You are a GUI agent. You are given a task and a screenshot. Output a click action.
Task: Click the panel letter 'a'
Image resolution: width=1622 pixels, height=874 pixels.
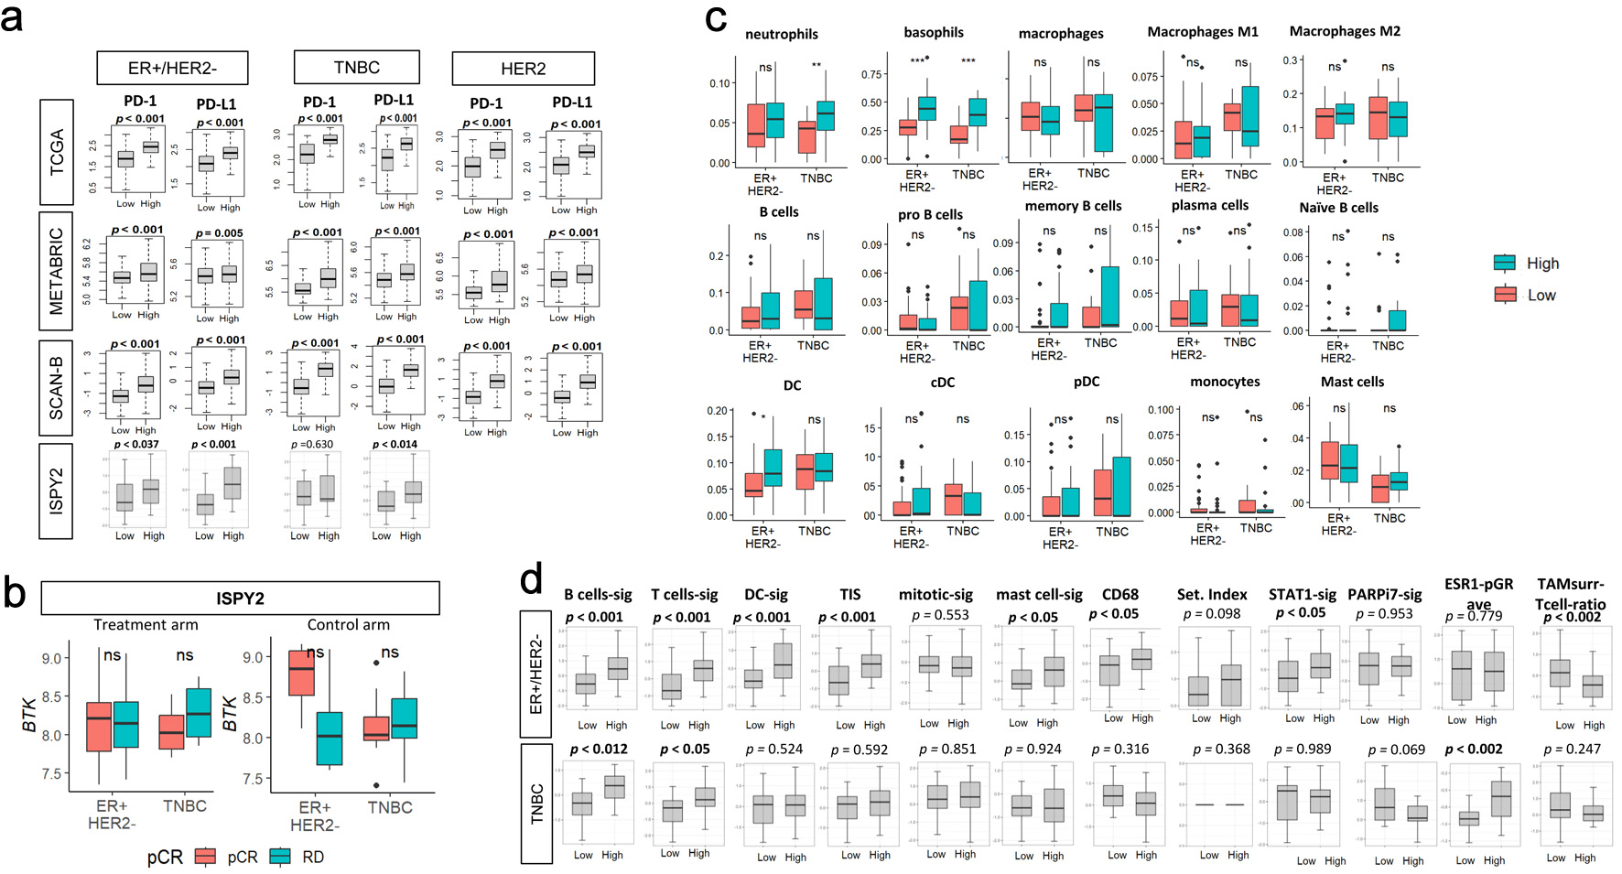pos(13,18)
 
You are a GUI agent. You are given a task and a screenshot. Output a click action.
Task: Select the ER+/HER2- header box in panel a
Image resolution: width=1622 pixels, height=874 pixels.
pos(172,68)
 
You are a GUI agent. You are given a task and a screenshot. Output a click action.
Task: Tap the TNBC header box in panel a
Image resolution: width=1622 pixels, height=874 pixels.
pos(356,68)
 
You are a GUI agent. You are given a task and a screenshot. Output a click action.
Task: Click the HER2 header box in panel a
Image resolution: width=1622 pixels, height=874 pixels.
pos(523,69)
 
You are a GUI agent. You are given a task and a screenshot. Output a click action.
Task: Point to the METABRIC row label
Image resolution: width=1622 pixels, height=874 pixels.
pos(57,271)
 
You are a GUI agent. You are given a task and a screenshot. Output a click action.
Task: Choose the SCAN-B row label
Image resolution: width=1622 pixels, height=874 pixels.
pos(57,387)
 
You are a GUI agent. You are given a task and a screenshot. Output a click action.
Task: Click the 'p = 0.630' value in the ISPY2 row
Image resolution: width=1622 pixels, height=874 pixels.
pos(312,445)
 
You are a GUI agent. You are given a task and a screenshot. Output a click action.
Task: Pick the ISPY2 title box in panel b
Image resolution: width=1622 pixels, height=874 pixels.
pos(240,598)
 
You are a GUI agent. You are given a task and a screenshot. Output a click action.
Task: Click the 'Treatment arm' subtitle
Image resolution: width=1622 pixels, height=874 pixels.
pos(146,625)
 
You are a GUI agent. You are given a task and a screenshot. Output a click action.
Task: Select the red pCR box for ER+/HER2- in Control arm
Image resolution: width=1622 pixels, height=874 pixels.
pos(301,673)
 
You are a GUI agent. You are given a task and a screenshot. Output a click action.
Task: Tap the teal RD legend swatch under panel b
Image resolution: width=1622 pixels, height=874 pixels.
pos(280,857)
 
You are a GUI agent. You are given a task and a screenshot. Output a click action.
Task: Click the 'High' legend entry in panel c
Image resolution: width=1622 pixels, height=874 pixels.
pos(1542,264)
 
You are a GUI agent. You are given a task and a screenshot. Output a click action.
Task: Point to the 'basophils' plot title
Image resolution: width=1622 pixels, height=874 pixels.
pos(934,32)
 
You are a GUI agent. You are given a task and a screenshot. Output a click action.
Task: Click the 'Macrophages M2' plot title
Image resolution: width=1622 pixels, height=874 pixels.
pos(1345,31)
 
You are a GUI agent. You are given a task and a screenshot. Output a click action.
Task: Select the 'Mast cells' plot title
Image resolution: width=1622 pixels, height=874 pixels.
pos(1352,382)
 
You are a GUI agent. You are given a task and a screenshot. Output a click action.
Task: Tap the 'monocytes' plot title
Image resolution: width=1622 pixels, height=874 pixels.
pos(1225,382)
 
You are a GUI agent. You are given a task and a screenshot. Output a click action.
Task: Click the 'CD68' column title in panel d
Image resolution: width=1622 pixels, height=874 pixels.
pos(1120,595)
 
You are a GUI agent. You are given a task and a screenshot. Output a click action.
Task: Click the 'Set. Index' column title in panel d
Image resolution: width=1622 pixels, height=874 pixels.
pos(1212,595)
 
